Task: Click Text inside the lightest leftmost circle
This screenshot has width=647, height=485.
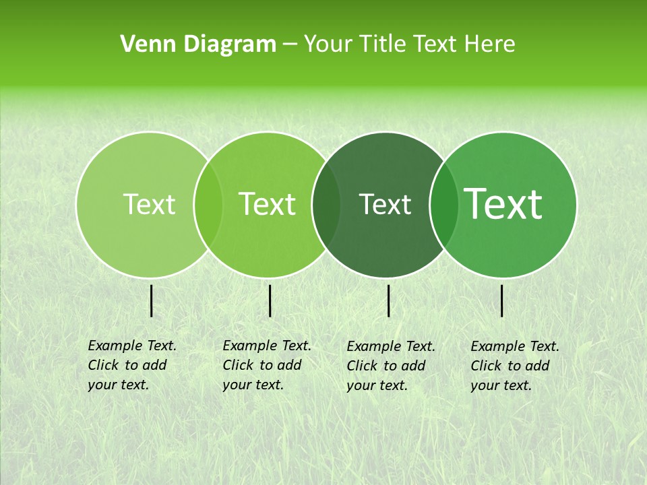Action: pos(149,204)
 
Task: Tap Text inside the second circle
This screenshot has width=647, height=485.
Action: pos(268,204)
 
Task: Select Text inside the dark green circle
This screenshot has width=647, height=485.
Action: pos(386,204)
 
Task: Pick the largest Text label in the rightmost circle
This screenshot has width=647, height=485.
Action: pos(503,204)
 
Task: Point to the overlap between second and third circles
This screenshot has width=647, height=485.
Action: pos(326,205)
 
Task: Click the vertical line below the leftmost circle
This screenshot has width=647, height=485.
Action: pos(152,300)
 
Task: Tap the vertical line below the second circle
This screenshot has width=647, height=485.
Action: pos(270,300)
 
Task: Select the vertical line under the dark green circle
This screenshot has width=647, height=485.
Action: pos(389,300)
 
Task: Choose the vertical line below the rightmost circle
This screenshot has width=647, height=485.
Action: pos(502,300)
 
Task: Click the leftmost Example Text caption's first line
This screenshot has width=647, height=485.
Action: pos(132,346)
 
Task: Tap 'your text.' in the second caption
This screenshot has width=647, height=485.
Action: pos(253,385)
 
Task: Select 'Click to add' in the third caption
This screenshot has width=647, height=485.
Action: pos(386,366)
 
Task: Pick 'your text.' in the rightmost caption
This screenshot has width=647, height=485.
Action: pos(501,385)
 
